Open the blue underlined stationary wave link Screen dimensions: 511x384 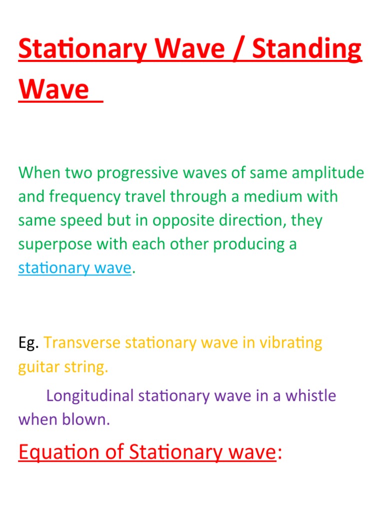point(74,268)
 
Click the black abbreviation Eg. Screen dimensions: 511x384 point(28,343)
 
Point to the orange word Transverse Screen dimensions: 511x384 point(81,343)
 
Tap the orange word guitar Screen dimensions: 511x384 point(38,368)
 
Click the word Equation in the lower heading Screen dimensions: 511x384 point(58,452)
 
